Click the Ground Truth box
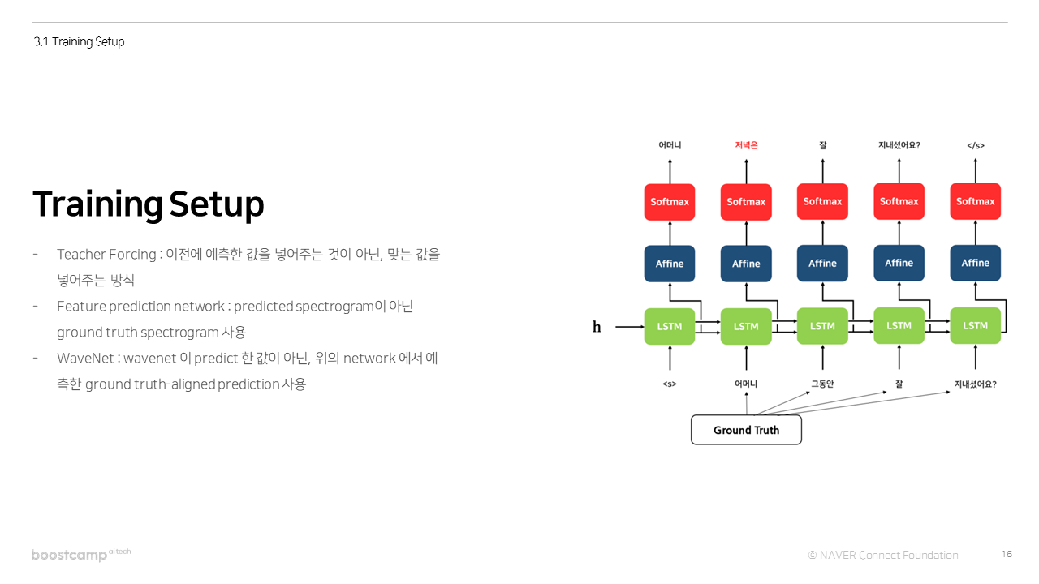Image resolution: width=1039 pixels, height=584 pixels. tap(746, 430)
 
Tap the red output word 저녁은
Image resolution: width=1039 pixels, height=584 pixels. tap(746, 145)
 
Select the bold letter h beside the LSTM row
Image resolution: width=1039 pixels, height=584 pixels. tap(597, 327)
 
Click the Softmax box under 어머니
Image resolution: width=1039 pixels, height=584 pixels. tap(670, 202)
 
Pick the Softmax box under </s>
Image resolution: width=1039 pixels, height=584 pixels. tap(975, 202)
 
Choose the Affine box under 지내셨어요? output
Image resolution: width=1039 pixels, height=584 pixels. tap(899, 263)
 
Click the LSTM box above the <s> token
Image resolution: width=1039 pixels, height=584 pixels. tap(670, 326)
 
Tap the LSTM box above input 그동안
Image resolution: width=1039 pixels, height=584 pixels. tap(822, 326)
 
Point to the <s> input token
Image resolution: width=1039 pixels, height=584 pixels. tap(670, 384)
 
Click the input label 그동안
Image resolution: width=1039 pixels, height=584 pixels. tap(822, 384)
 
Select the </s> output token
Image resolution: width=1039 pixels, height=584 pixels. tap(975, 145)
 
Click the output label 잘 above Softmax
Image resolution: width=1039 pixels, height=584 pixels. tap(822, 145)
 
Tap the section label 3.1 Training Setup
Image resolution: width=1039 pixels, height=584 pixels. tap(79, 41)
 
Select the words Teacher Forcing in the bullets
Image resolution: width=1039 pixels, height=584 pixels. tap(106, 255)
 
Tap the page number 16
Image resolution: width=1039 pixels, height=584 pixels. tap(1007, 554)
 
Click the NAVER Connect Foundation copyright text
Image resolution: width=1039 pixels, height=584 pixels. tap(883, 555)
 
